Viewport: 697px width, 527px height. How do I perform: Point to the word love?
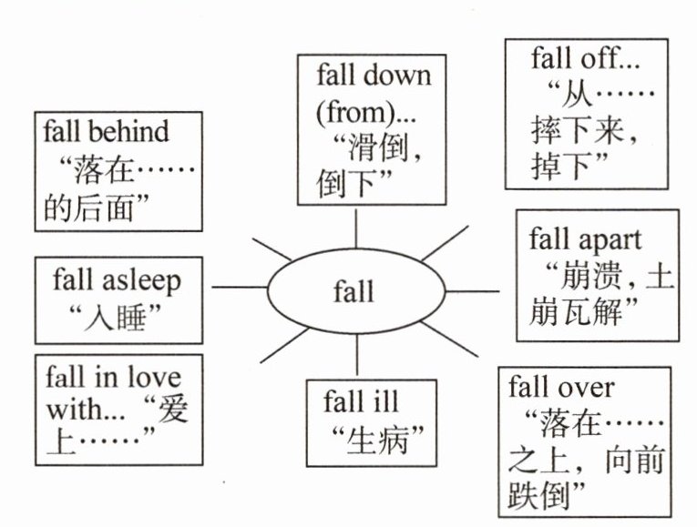click(150, 376)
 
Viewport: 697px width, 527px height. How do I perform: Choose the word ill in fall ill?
click(384, 400)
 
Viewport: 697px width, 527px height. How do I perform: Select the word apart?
click(610, 239)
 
